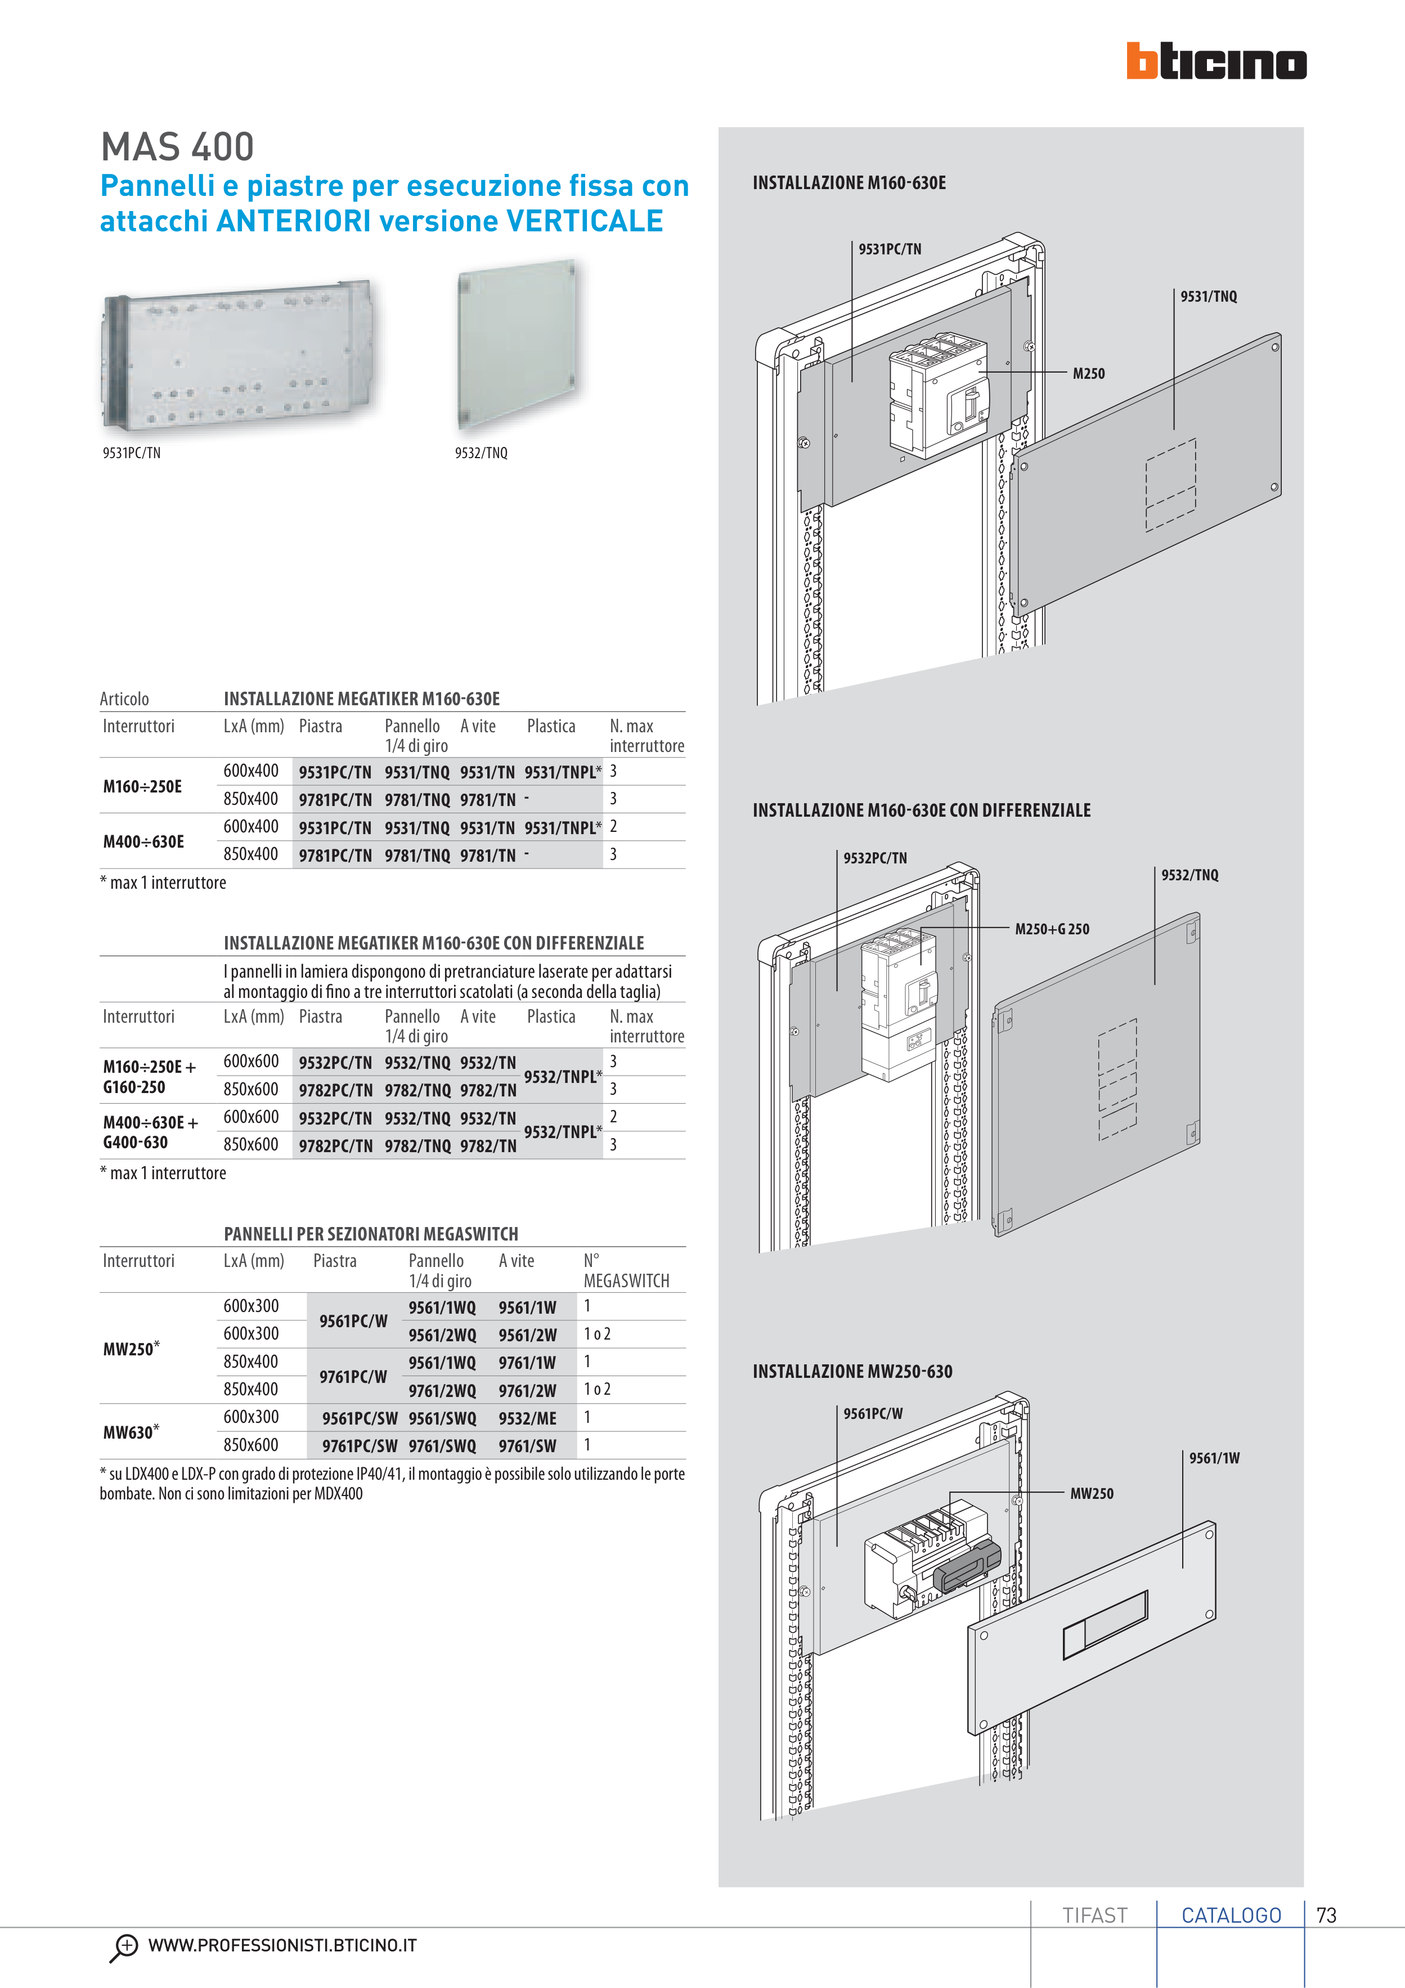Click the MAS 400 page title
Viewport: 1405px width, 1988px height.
point(177,147)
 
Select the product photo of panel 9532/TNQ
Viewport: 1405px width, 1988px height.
point(517,344)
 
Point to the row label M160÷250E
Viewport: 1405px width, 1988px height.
point(142,786)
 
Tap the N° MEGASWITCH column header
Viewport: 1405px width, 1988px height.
point(625,1270)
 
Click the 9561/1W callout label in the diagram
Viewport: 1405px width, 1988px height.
point(1214,1458)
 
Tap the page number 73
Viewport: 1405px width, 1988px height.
point(1326,1915)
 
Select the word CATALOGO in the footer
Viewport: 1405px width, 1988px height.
point(1231,1915)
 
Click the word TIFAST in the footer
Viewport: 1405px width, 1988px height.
point(1094,1915)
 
